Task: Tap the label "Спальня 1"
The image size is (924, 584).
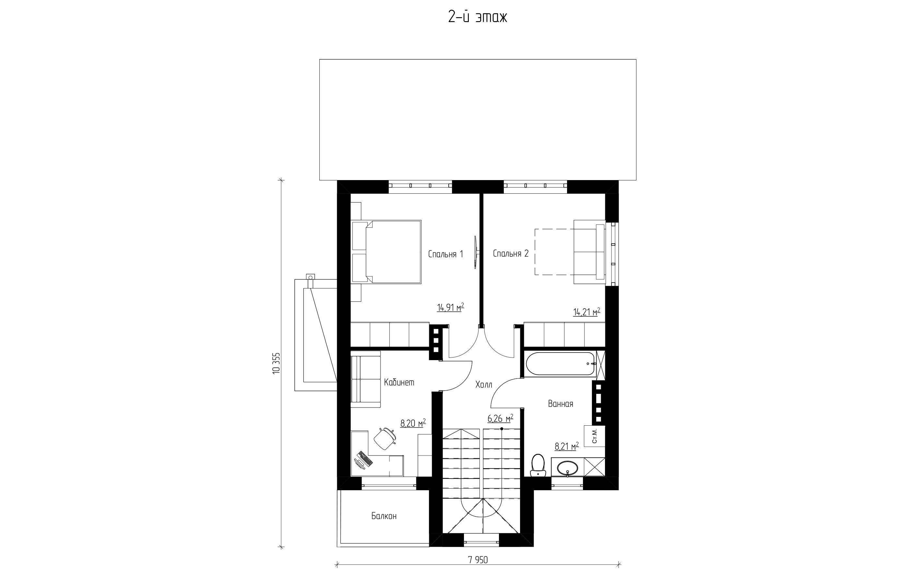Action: [445, 254]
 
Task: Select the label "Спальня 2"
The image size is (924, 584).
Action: [511, 253]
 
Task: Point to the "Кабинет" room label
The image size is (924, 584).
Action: [399, 382]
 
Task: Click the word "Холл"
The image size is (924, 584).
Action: [483, 384]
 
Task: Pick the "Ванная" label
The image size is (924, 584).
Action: [561, 404]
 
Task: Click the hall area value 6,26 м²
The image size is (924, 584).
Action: [500, 419]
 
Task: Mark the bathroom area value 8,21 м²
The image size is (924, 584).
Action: [567, 446]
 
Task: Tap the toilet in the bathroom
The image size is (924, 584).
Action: [537, 465]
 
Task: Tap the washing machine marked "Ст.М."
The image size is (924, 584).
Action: [594, 436]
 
